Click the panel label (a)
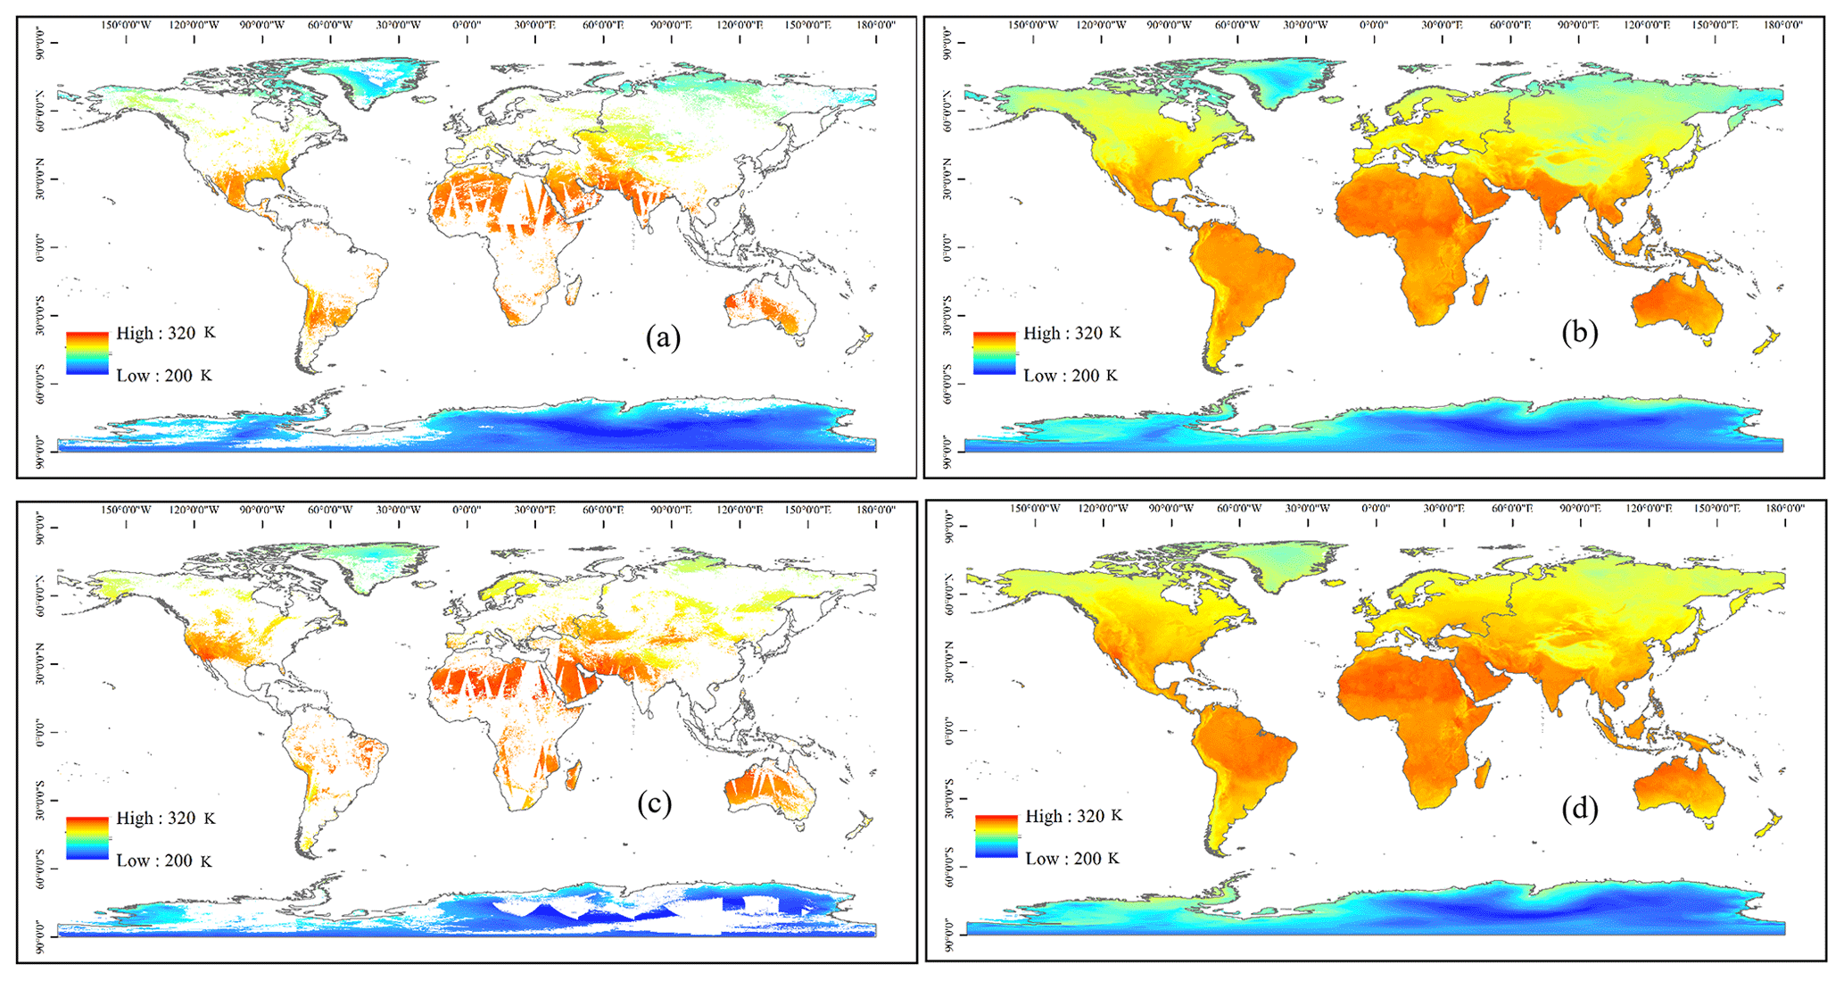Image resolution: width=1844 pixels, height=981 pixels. coord(662,337)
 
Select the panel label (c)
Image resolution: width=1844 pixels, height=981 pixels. coord(654,803)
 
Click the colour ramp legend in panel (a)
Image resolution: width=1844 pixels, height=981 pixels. coord(87,353)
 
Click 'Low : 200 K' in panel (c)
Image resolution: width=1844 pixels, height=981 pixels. coord(164,860)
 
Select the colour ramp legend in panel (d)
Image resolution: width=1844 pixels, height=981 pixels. coord(996,836)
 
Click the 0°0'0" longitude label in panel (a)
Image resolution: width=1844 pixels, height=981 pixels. coord(467,25)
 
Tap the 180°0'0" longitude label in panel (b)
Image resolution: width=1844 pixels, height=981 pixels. coord(1782,25)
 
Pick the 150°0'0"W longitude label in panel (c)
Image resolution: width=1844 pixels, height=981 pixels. coord(126,510)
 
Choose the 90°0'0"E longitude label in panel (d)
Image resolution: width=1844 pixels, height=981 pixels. coord(1580,508)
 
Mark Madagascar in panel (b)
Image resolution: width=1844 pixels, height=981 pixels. coord(1482,290)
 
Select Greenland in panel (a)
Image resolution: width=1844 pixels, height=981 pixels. coord(375,80)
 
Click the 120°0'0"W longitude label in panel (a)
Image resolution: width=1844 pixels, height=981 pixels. coord(194,25)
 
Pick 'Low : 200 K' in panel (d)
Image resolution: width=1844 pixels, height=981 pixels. coord(1072,859)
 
